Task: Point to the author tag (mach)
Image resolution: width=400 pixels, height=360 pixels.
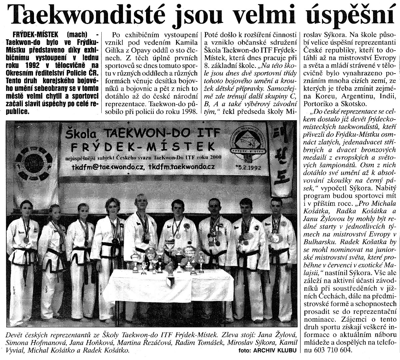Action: click(x=77, y=35)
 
